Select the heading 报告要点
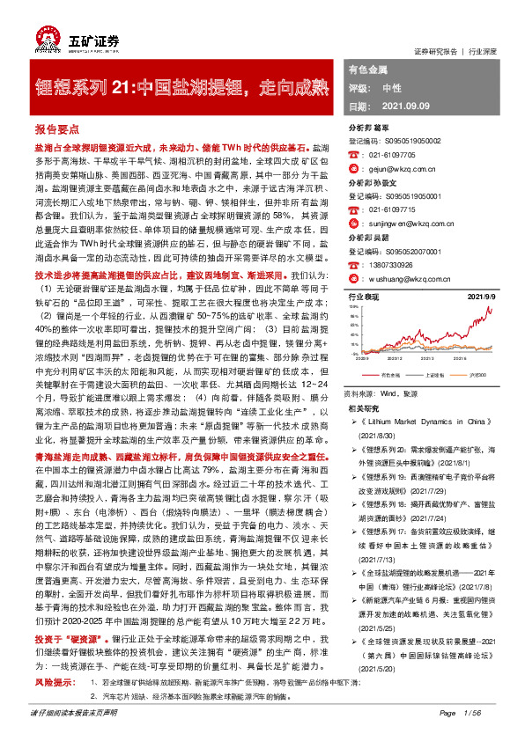click(57, 128)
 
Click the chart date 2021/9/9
click(500, 298)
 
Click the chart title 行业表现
click(364, 298)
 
